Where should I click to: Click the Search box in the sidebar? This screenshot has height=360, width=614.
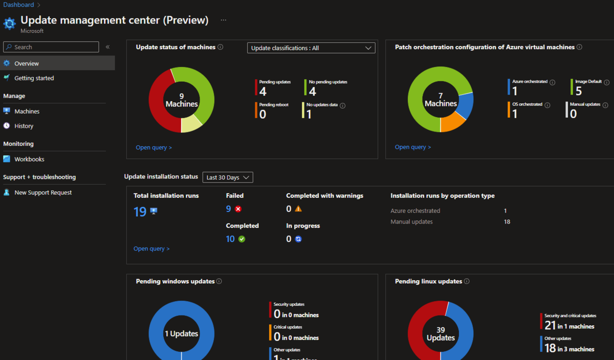(x=51, y=47)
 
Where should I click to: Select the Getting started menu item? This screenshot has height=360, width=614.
(x=34, y=78)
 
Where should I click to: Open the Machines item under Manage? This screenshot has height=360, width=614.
(x=27, y=111)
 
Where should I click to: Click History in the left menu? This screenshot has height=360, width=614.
(x=24, y=126)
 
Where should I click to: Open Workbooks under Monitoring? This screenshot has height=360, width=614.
(x=29, y=159)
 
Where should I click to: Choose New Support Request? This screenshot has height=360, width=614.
(x=43, y=193)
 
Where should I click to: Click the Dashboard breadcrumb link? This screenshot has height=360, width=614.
(x=18, y=5)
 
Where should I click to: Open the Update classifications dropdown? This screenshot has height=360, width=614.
(x=311, y=48)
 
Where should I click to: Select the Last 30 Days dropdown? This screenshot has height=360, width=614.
(x=228, y=177)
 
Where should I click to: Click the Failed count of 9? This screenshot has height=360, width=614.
(x=228, y=209)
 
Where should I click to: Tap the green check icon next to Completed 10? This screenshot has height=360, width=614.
(x=242, y=239)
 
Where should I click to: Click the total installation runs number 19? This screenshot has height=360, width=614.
(x=140, y=212)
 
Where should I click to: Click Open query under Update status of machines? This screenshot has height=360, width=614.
(x=153, y=147)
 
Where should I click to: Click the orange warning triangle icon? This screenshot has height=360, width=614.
(x=298, y=209)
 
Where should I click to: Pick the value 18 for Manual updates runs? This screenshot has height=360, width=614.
(x=507, y=222)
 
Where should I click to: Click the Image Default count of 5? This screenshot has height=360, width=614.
(x=579, y=92)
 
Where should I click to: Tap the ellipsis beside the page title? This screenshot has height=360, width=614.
(x=223, y=20)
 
